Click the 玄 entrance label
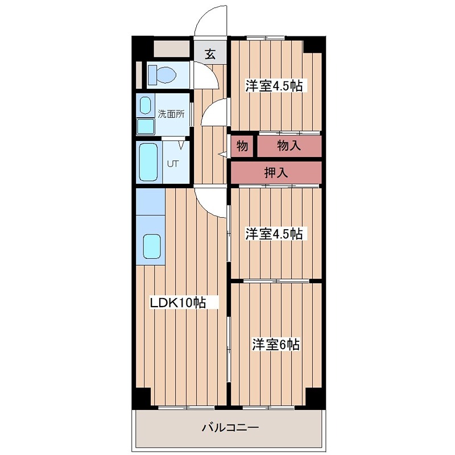click(210, 55)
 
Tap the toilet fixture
click(163, 75)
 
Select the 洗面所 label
click(171, 114)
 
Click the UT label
click(172, 164)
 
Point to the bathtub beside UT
click(148, 162)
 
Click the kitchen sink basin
click(152, 246)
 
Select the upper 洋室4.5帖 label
click(273, 86)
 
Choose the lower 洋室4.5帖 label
click(273, 234)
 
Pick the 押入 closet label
click(276, 173)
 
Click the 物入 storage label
click(289, 146)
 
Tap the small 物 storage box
click(242, 146)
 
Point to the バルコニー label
click(230, 427)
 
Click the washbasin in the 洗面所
click(146, 105)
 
